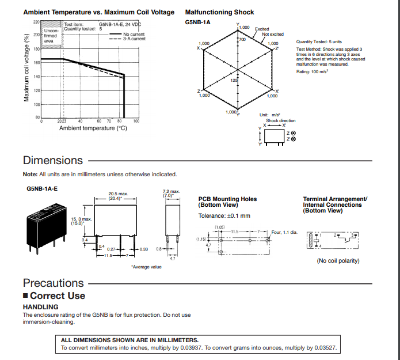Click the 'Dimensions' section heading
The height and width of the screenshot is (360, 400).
[53, 160]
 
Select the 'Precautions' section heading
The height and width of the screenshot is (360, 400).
[54, 283]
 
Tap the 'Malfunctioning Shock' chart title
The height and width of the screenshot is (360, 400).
[219, 12]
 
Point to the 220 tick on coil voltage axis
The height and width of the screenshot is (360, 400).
[36, 22]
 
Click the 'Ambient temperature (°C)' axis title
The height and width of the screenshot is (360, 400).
[93, 128]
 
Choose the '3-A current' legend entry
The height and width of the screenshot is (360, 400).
[134, 39]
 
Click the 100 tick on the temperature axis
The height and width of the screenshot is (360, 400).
[136, 122]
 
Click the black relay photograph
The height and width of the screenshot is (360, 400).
[44, 226]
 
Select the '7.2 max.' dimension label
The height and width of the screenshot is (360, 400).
[172, 191]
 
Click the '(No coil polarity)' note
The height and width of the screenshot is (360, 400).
[338, 260]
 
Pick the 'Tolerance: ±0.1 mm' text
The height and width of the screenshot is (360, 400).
[224, 215]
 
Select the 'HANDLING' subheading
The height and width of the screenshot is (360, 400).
[41, 307]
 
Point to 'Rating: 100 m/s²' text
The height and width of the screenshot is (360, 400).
[312, 71]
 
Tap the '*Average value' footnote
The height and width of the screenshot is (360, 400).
[146, 267]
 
